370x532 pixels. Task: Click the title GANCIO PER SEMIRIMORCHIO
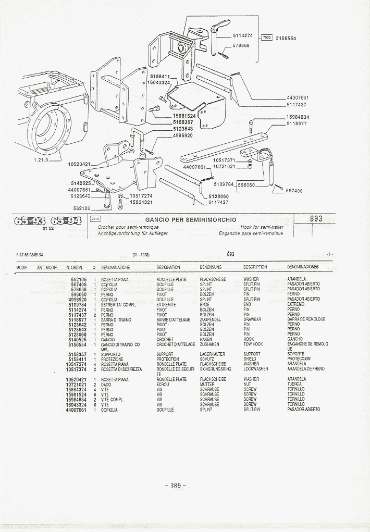[190, 219]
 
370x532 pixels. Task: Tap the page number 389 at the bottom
[175, 486]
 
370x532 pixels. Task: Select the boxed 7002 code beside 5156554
[266, 38]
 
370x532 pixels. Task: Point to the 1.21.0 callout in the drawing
[41, 160]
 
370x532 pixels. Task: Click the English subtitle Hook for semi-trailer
[262, 227]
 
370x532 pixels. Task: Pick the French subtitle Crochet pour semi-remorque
[127, 227]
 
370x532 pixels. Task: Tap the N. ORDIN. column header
[76, 267]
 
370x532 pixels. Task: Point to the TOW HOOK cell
[253, 344]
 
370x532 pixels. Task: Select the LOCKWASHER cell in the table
[256, 369]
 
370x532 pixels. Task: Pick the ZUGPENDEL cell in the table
[211, 319]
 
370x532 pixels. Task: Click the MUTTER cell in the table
[207, 385]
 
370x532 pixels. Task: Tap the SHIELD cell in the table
[250, 359]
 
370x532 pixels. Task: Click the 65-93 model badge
[30, 220]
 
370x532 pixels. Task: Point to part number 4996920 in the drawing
[183, 135]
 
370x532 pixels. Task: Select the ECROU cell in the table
[163, 385]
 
